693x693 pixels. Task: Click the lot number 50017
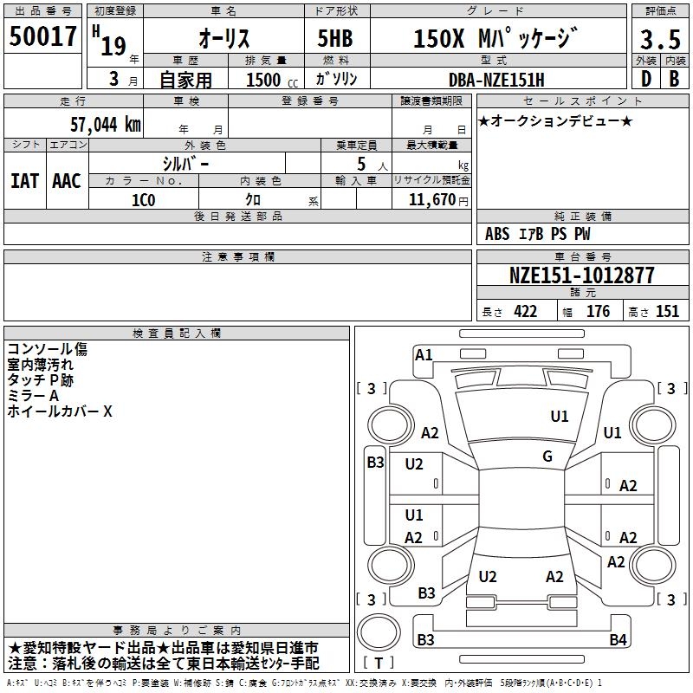tap(42, 36)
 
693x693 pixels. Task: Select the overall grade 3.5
tap(660, 39)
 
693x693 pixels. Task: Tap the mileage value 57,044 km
tap(106, 124)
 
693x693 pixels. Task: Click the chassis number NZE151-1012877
tap(581, 275)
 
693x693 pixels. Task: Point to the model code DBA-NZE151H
tap(496, 80)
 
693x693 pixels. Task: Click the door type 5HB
tap(335, 38)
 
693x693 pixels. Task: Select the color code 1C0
tap(144, 200)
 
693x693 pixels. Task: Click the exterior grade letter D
tap(646, 79)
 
